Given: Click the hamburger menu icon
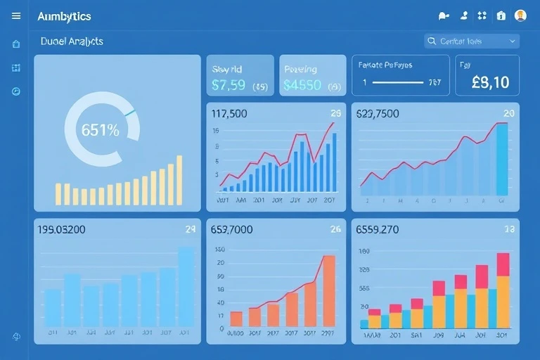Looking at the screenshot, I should pos(16,15).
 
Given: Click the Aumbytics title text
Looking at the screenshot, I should pos(64,16).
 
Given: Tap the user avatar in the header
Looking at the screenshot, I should pos(520,15).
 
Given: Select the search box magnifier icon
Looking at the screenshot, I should pos(432,41).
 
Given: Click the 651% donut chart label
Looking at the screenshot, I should pos(101,130).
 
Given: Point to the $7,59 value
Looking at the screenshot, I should pos(229,85).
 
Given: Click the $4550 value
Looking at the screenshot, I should pos(302,85).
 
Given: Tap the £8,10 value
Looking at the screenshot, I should pos(490,82).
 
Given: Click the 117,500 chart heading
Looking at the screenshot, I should pos(229,113).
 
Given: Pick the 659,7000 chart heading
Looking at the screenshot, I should pos(232,229).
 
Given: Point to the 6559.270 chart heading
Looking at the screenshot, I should pos(378,229).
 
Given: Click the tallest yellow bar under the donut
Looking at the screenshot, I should pos(179,180).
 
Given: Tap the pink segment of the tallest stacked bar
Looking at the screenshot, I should pos(503,264).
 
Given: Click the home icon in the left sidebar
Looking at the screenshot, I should pos(16,44).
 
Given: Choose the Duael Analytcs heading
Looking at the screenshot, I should pos(72,41).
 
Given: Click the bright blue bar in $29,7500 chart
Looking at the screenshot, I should pos(502,160).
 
